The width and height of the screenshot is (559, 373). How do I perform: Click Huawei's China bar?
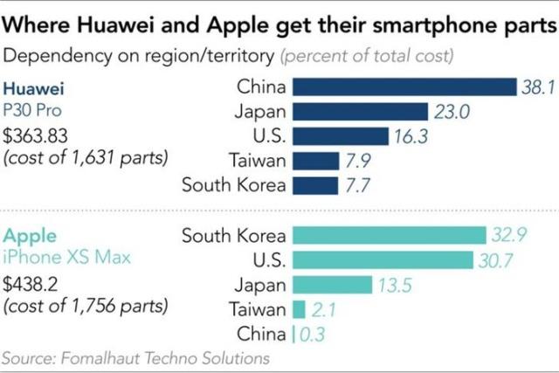click(x=404, y=86)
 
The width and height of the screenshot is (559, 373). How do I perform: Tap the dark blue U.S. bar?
click(x=340, y=135)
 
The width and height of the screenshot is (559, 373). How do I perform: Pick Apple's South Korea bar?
click(x=389, y=236)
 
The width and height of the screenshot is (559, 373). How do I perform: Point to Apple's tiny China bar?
click(x=293, y=334)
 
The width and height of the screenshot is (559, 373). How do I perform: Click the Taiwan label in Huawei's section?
click(x=258, y=161)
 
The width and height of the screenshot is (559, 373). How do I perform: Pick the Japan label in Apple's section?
click(x=259, y=285)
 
